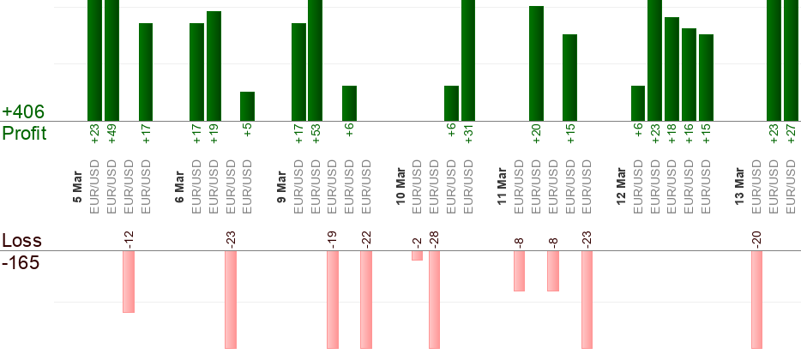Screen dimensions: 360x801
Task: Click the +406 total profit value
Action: (23, 112)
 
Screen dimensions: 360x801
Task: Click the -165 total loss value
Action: (21, 262)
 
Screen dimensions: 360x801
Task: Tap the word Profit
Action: (24, 134)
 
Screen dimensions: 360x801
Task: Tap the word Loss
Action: (21, 241)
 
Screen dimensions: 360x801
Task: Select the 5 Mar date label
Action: (78, 188)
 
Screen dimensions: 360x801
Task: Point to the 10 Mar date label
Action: (400, 188)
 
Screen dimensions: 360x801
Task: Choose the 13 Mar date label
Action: (740, 188)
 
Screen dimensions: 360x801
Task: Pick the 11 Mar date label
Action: (503, 188)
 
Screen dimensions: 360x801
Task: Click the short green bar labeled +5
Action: (247, 105)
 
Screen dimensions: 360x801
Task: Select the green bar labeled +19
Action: (214, 66)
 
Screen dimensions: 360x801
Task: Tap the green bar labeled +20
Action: (536, 63)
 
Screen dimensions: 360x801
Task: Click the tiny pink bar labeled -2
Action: (417, 255)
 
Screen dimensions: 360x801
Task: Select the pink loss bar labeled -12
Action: (129, 281)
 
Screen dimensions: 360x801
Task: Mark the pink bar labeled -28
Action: (434, 299)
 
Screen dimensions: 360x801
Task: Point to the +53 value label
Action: (316, 135)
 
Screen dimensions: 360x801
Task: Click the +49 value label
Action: (111, 135)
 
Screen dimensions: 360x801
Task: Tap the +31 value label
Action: (468, 135)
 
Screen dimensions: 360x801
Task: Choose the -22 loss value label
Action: (366, 238)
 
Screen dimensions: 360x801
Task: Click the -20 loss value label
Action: (757, 238)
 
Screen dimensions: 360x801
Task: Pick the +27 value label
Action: (791, 135)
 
